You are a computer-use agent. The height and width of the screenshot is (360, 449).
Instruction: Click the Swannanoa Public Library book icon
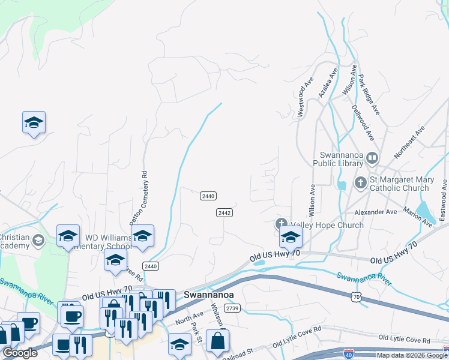(372, 158)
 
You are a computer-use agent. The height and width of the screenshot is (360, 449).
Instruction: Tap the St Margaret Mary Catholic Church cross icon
(360, 182)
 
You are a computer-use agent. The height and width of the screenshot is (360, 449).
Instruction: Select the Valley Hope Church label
(327, 226)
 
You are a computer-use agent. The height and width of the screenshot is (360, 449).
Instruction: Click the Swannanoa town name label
(208, 295)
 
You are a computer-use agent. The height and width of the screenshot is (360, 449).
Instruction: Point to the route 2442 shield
(224, 213)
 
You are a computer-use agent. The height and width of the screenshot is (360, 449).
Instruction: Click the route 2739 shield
(232, 308)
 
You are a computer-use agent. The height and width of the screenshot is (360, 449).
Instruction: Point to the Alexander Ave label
(375, 212)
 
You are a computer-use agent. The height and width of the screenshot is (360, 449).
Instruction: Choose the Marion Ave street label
(418, 217)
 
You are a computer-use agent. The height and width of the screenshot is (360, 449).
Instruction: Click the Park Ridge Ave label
(369, 94)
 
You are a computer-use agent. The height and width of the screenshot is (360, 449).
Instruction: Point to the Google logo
(20, 353)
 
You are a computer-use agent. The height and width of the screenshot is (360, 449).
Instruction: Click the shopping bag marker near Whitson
(217, 341)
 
